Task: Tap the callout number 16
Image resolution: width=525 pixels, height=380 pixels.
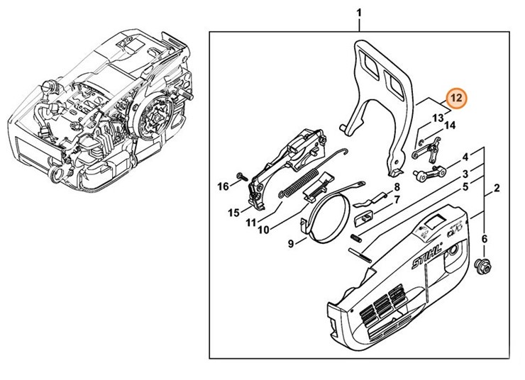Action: coord(223,186)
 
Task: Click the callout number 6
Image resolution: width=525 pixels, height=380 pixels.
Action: coord(485,240)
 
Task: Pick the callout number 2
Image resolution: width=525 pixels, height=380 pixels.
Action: coord(497,188)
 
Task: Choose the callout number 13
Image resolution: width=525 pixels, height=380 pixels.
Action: coord(438,116)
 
